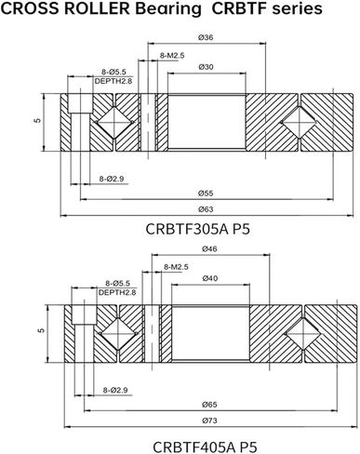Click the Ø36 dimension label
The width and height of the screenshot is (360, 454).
point(207,37)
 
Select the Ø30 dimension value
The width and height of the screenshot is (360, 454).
point(207,67)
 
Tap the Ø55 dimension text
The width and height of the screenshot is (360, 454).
point(207,193)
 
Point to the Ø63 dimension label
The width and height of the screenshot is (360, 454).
point(207,207)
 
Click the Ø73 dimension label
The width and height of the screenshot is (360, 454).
point(209,421)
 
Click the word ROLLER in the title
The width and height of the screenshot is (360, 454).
point(102,9)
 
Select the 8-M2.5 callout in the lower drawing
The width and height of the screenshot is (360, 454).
point(176,267)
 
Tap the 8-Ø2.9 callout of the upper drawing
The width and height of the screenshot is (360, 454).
point(87,176)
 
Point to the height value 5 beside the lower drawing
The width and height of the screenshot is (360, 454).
point(43,330)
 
